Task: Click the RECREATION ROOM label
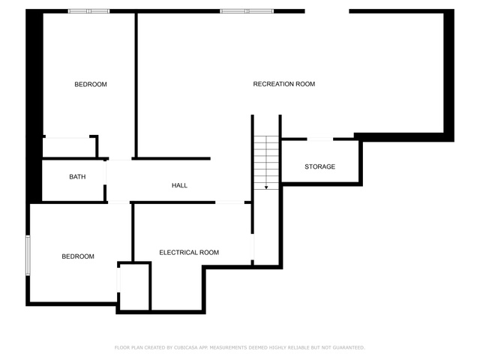[x=284, y=84]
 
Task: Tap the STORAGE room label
[x=320, y=166]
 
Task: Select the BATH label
[x=77, y=177]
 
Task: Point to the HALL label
[x=179, y=185]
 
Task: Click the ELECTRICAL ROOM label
[x=189, y=252]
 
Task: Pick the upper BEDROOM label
[x=91, y=84]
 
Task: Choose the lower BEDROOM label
[x=78, y=256]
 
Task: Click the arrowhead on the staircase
[x=266, y=187]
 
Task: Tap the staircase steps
[x=266, y=163]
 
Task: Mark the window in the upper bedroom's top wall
[x=88, y=11]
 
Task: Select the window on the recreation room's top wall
[x=247, y=11]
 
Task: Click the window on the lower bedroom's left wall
[x=28, y=255]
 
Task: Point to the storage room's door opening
[x=320, y=139]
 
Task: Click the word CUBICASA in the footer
[x=186, y=347]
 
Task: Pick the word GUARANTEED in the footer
[x=349, y=347]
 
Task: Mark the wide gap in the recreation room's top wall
[x=327, y=11]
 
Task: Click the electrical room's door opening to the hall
[x=230, y=202]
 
